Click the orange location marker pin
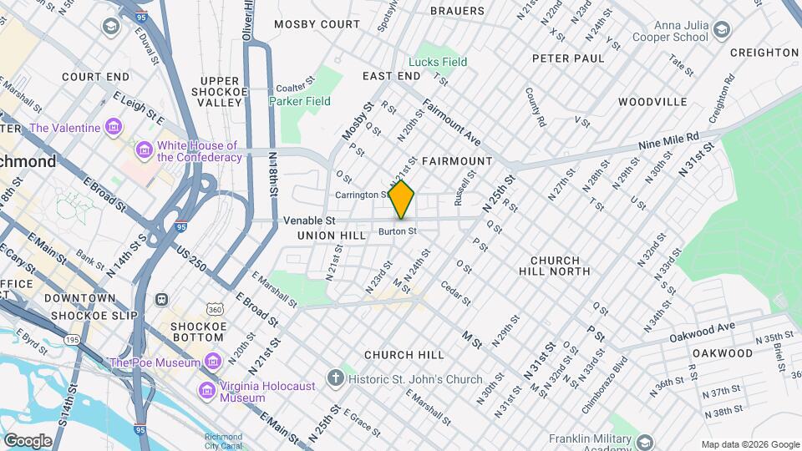[x=402, y=200]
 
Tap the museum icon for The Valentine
[x=114, y=129]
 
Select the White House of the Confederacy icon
[x=144, y=151]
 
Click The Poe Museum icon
[x=213, y=362]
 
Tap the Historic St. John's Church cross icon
[x=335, y=379]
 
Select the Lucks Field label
[x=437, y=62]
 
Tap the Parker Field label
[x=299, y=101]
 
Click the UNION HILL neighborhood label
[x=332, y=236]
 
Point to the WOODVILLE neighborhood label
[x=652, y=102]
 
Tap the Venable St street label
[x=309, y=220]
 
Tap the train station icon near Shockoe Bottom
[x=161, y=299]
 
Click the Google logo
[x=28, y=440]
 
